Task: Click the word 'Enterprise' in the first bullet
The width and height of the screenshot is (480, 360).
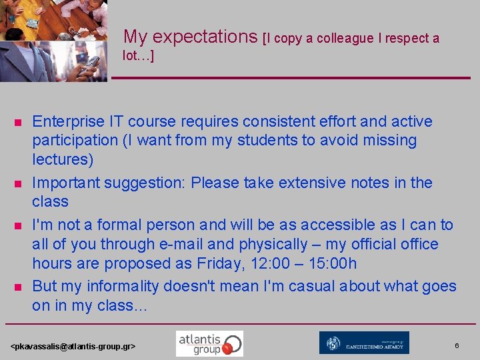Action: (x=68, y=121)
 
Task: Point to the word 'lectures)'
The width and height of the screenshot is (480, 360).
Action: (x=63, y=159)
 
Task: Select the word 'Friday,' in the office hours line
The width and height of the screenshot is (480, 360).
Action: (x=223, y=263)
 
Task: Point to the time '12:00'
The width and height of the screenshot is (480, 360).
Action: (x=267, y=263)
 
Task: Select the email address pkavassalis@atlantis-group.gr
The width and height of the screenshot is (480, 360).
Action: (x=73, y=347)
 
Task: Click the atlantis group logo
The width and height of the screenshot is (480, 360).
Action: (x=209, y=343)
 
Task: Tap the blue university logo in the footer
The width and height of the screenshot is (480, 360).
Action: (x=364, y=343)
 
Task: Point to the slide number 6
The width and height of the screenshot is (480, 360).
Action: (x=457, y=345)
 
